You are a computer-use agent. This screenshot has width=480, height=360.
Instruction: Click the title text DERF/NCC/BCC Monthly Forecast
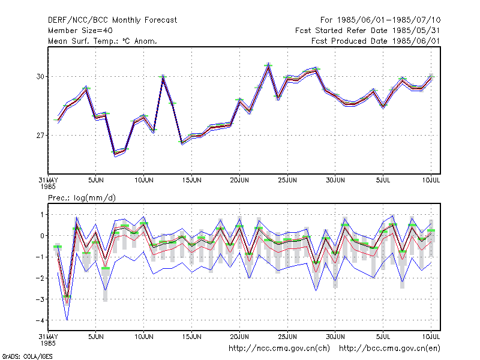[x=112, y=20]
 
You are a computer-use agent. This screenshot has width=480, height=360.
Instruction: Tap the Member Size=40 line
[x=80, y=31]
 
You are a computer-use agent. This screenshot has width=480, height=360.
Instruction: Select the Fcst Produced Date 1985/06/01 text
[x=376, y=41]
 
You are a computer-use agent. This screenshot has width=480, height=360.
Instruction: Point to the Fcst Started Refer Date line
[x=368, y=31]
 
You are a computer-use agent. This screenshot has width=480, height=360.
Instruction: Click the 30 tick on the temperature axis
[x=40, y=77]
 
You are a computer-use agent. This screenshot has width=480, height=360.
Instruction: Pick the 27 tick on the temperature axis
[x=40, y=136]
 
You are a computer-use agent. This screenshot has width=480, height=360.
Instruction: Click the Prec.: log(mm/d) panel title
[x=82, y=198]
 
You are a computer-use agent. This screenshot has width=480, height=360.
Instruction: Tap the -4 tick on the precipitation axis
[x=40, y=320]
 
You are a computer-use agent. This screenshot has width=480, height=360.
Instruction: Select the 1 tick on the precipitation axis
[x=42, y=215]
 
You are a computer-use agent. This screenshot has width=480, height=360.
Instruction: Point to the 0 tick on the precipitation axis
[x=42, y=236]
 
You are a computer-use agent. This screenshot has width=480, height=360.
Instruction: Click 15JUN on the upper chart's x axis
[x=191, y=180]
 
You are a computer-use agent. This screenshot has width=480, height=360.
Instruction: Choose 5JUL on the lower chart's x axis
[x=383, y=337]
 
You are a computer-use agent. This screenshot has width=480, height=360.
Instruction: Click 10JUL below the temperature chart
[x=431, y=180]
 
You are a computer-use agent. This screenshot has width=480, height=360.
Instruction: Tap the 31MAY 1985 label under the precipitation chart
[x=48, y=340]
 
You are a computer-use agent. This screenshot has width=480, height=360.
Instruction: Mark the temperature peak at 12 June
[x=163, y=76]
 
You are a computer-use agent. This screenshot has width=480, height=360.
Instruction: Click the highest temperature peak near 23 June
[x=268, y=64]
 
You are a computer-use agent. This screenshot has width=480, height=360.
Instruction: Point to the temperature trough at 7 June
[x=115, y=153]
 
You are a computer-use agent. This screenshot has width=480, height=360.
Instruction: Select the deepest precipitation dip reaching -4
[x=67, y=320]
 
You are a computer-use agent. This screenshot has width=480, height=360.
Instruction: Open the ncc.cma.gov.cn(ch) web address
[x=279, y=349]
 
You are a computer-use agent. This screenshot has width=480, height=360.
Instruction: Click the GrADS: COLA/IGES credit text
[x=27, y=356]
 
